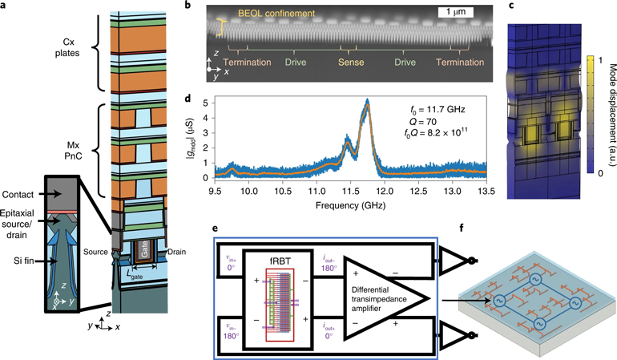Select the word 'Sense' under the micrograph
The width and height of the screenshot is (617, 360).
(356, 63)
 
